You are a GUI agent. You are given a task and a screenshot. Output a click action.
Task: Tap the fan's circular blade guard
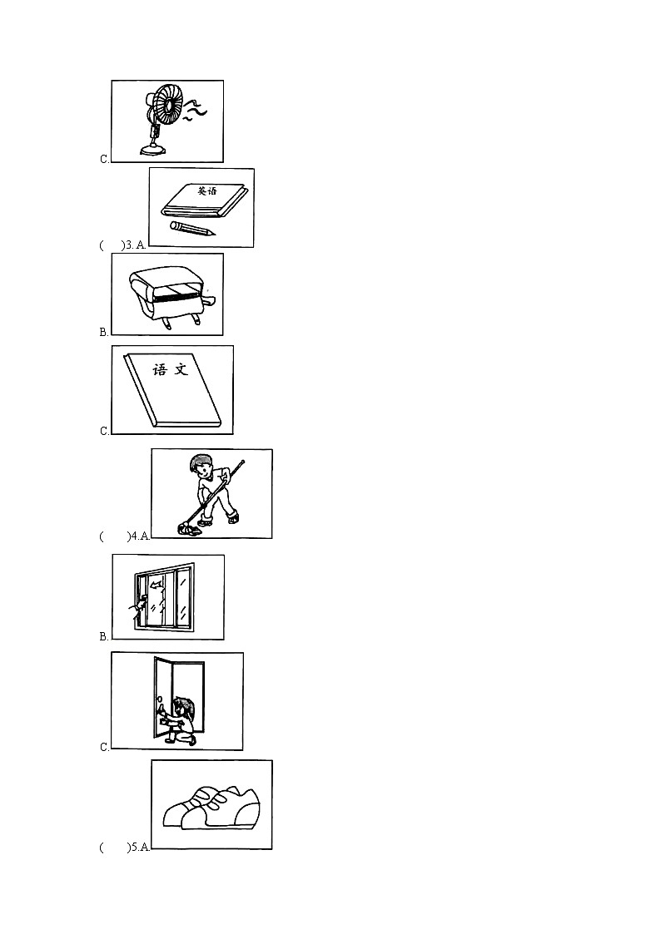click(x=168, y=105)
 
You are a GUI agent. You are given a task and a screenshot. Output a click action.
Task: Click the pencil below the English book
click(x=192, y=228)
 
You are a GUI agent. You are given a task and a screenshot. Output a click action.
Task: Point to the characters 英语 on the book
click(x=207, y=191)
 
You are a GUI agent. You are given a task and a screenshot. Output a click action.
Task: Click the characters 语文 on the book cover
click(x=171, y=369)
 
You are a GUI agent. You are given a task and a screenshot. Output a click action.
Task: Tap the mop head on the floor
click(x=189, y=528)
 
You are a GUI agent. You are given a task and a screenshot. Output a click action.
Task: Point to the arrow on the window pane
click(x=157, y=586)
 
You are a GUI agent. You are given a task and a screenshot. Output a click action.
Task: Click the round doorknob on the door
click(x=159, y=698)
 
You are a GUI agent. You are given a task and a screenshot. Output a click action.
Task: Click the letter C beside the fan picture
click(x=104, y=159)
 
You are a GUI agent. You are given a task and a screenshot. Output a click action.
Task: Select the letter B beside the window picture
click(x=104, y=636)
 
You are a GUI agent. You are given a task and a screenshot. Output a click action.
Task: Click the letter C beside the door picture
click(x=104, y=747)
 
